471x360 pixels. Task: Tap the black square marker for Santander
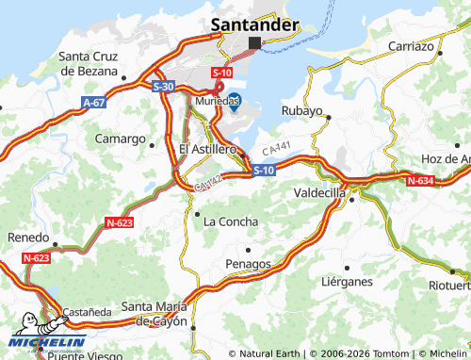[255, 43]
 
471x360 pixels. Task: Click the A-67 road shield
[93, 101]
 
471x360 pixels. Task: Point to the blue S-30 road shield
[162, 86]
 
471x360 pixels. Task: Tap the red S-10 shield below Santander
[221, 72]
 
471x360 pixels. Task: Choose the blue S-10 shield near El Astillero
[264, 170]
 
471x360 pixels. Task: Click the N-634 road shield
[419, 180]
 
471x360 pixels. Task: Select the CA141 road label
[276, 149]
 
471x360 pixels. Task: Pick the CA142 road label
[208, 183]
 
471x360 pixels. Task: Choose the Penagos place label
[249, 263]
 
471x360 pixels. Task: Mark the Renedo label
[27, 237]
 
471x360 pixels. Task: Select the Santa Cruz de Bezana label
[91, 63]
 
